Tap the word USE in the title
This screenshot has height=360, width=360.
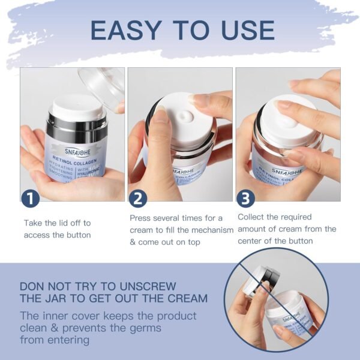[242, 30]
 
